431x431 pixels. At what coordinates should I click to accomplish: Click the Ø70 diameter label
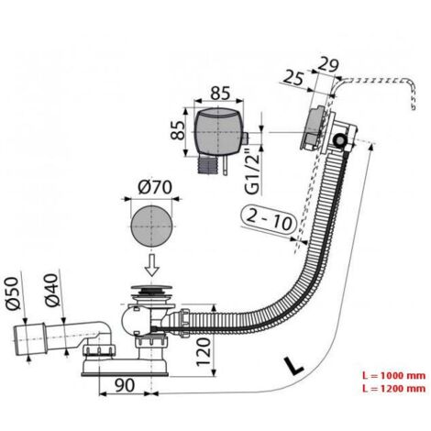[x=155, y=187]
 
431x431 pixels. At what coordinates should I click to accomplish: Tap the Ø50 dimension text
[x=14, y=293]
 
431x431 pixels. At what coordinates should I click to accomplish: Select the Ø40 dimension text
[x=51, y=290]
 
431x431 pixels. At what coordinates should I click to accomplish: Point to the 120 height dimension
[x=204, y=351]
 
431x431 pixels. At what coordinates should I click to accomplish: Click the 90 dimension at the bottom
[x=125, y=385]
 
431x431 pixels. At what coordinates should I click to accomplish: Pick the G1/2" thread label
[x=252, y=171]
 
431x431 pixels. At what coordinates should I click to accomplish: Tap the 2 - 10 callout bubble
[x=269, y=218]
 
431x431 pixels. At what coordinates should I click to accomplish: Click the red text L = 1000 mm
[x=393, y=375]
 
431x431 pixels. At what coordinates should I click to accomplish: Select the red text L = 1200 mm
[x=393, y=389]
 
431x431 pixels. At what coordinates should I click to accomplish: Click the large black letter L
[x=293, y=365]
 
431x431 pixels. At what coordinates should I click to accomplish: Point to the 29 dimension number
[x=328, y=65]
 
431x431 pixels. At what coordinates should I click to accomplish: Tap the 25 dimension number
[x=293, y=78]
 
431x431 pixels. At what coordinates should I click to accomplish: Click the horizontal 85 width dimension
[x=220, y=93]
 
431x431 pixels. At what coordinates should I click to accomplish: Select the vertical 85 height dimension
[x=177, y=130]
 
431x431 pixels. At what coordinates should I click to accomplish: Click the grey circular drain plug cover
[x=151, y=227]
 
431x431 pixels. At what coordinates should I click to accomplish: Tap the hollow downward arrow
[x=152, y=265]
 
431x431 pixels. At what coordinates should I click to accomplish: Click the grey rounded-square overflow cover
[x=219, y=131]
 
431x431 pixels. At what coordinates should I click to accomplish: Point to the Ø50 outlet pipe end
[x=29, y=340]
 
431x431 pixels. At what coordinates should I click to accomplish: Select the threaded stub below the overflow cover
[x=209, y=163]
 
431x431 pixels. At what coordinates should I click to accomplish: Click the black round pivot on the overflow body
[x=339, y=140]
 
